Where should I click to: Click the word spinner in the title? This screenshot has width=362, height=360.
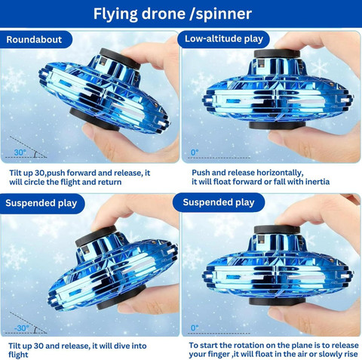[224, 14]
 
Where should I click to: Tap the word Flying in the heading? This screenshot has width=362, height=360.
[115, 14]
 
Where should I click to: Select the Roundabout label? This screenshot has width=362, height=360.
[34, 39]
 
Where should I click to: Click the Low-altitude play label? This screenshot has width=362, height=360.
[224, 38]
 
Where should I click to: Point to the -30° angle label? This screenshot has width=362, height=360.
[22, 328]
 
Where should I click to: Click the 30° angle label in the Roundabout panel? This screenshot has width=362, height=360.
[20, 152]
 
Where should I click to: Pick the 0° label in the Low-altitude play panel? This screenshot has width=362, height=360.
[195, 152]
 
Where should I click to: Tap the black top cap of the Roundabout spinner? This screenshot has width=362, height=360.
[120, 59]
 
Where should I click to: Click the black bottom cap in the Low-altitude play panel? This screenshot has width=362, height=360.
[277, 125]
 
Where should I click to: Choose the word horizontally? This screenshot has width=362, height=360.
[278, 173]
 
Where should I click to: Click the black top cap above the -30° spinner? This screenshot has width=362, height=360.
[96, 235]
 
